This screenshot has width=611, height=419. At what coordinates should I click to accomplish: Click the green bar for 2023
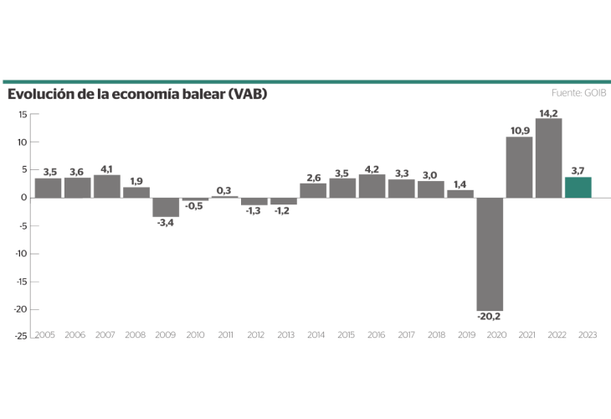coord(578,188)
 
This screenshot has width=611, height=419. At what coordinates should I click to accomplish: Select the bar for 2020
coord(490,254)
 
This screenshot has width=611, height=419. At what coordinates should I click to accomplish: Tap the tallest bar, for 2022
coord(548,158)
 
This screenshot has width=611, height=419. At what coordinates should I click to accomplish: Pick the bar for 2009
coord(166,207)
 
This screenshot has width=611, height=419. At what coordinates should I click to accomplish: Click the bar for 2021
coord(519,168)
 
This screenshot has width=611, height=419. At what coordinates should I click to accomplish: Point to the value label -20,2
coord(490,316)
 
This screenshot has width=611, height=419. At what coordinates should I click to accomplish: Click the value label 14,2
coord(549,112)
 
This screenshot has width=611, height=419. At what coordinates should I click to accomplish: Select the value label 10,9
coord(520,131)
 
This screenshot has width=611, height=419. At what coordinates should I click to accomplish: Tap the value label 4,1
coord(106,168)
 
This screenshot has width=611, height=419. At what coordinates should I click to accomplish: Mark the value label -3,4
coord(166,223)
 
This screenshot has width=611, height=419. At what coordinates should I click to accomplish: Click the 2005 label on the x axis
coord(46,335)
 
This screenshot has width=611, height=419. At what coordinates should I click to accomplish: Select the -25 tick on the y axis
coord(21,335)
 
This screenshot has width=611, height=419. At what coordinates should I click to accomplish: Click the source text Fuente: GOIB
coord(579,92)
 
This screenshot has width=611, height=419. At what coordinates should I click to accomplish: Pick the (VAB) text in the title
coord(248,94)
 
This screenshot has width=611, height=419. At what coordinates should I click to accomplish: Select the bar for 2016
coord(372,186)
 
